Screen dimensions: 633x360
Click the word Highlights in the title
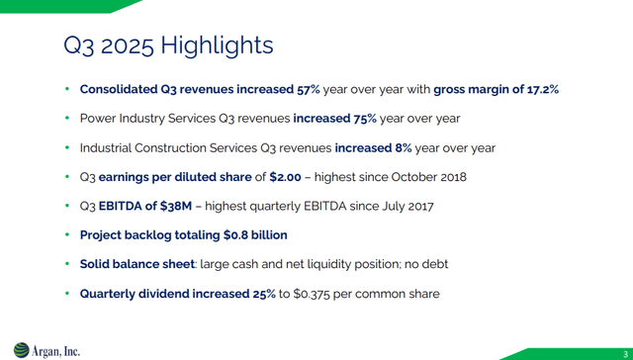tap(217, 45)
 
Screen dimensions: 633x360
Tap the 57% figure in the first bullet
tap(309, 89)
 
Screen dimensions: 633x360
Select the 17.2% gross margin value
tap(543, 89)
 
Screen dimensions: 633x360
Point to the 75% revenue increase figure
tap(365, 119)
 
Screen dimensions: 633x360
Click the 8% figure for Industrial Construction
tap(404, 147)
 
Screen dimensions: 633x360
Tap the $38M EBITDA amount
tap(176, 207)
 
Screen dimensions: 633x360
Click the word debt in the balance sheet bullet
tap(435, 264)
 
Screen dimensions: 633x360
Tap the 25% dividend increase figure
tap(264, 294)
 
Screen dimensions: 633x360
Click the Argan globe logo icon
tap(21, 350)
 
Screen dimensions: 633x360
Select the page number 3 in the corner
tap(625, 353)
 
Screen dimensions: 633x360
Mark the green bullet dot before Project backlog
tap(67, 234)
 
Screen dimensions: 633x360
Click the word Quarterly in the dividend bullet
tap(108, 294)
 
